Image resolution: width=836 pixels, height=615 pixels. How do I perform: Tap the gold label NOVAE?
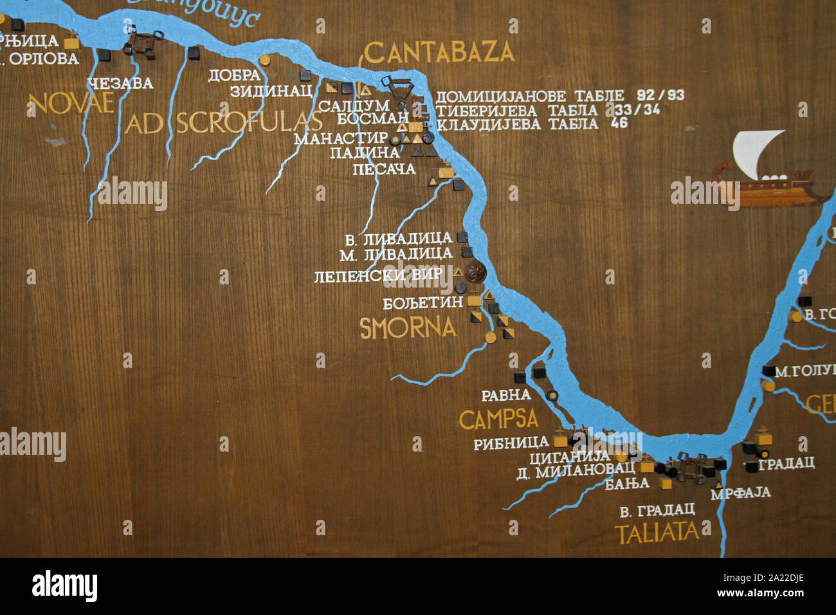[71, 103]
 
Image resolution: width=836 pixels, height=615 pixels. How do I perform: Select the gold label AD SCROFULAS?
[223, 122]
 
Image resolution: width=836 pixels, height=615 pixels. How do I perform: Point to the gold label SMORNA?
[408, 328]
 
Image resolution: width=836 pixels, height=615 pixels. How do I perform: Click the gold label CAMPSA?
[498, 419]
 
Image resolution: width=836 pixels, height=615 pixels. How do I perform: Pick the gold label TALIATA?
[657, 533]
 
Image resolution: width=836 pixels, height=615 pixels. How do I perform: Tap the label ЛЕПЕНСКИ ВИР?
[378, 276]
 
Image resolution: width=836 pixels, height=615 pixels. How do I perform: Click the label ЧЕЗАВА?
[121, 83]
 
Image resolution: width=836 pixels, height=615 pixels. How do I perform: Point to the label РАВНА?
[506, 394]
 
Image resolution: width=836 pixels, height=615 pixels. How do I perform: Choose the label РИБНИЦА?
[511, 443]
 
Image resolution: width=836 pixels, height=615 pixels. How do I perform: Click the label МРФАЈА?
[740, 493]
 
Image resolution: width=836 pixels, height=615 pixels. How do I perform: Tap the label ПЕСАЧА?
[385, 169]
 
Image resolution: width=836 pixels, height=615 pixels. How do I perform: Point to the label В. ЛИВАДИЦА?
[399, 239]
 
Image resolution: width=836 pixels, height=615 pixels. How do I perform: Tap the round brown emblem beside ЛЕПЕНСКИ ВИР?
[475, 272]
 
